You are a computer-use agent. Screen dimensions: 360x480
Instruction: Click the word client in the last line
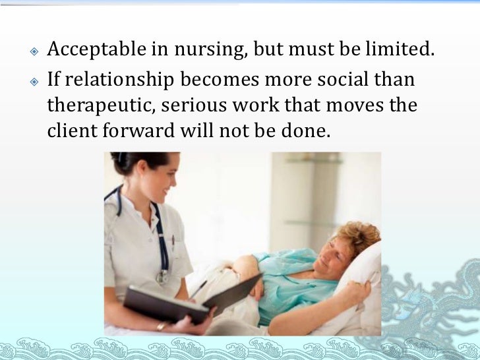[x=70, y=131]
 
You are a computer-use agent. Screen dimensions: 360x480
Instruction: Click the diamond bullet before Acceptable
[x=34, y=50]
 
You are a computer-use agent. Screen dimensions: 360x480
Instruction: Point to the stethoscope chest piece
[x=161, y=276]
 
